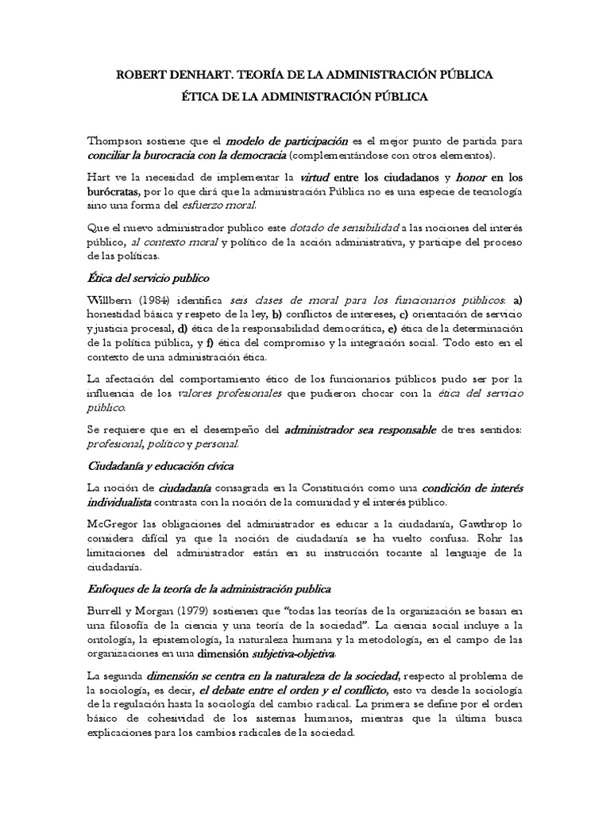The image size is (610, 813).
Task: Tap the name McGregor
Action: point(111,526)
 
